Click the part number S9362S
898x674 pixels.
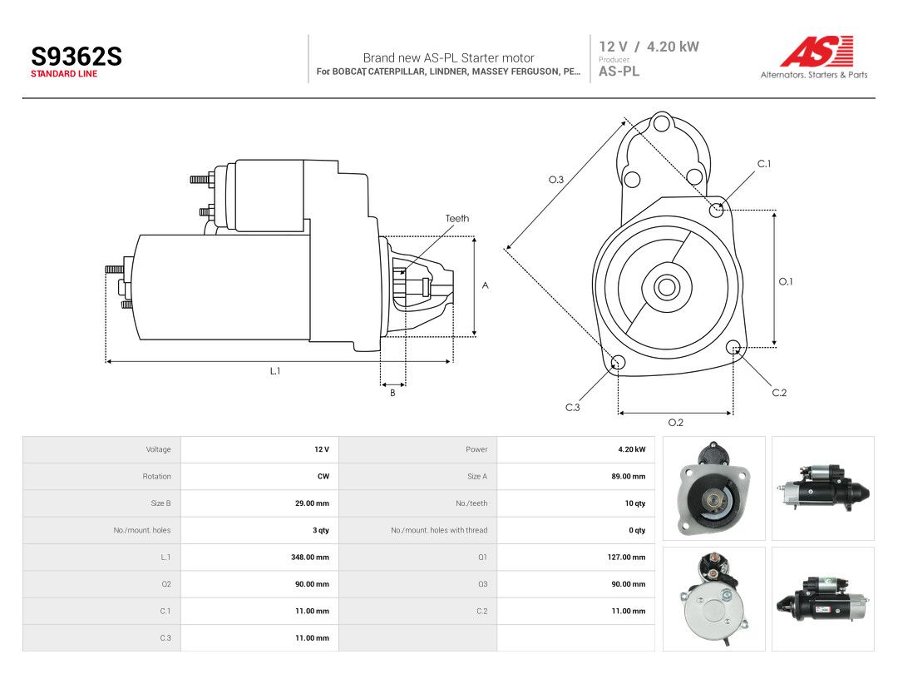(76, 57)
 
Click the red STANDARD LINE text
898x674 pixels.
(63, 74)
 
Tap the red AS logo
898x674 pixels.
(817, 51)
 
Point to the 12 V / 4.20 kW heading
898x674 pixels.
(649, 47)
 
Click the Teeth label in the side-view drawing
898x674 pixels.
(457, 218)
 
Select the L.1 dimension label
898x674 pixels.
(275, 371)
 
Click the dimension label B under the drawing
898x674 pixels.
(392, 393)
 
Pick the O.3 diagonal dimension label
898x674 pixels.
(556, 180)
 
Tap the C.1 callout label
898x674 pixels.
(764, 164)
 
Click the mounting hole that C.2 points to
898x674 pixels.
(733, 347)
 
